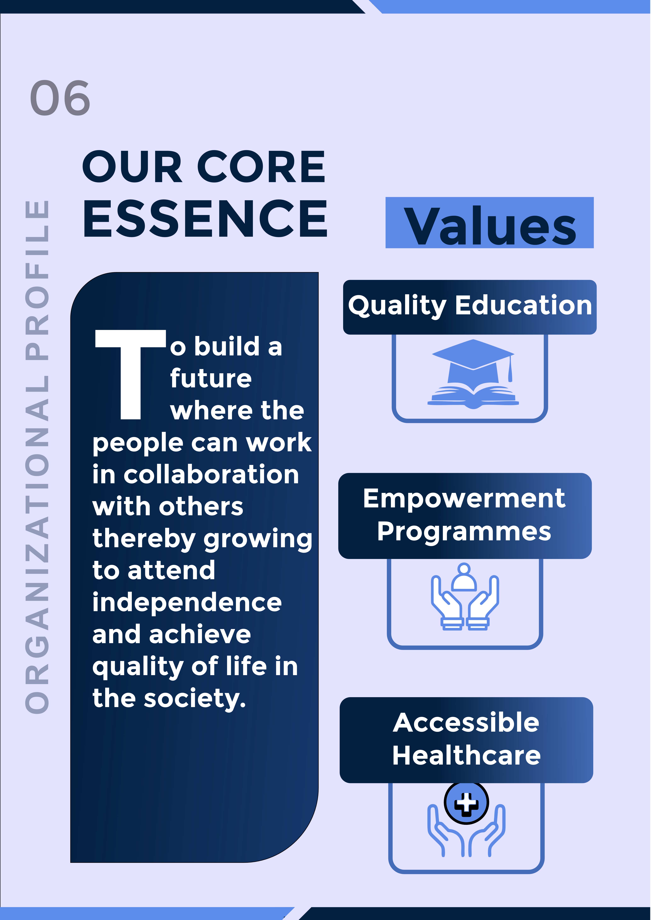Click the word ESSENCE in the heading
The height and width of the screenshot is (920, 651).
(x=205, y=218)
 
